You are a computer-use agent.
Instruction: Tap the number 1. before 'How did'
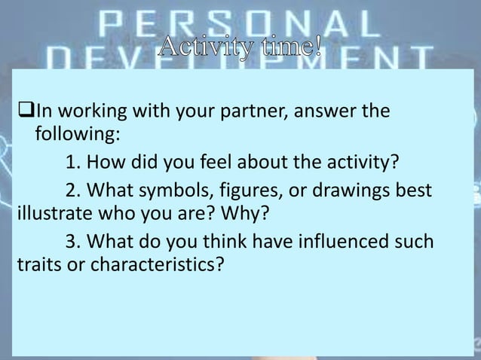pyautogui.click(x=74, y=162)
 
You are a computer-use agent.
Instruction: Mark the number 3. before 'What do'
pyautogui.click(x=74, y=242)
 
